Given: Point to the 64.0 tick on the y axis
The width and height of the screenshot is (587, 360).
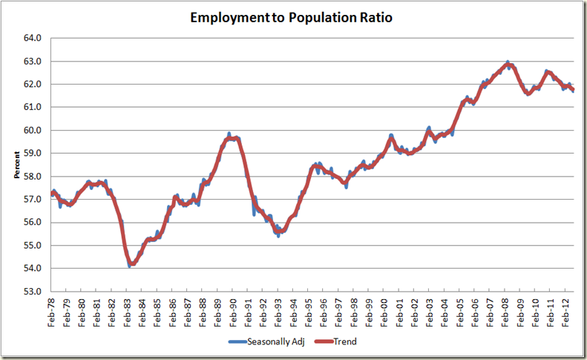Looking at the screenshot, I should point(33,38).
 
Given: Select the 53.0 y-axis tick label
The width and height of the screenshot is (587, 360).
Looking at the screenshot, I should point(33,291).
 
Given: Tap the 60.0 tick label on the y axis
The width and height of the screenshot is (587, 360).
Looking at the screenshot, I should point(33,130).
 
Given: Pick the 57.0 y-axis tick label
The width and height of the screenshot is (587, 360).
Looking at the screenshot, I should point(33,199).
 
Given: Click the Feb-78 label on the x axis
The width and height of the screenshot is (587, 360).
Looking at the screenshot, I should point(51,312).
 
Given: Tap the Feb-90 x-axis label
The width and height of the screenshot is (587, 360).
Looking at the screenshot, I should point(233,312).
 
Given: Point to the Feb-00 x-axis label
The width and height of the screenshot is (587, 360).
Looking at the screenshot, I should point(384,312).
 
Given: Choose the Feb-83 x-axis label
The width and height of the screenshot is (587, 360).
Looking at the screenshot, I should point(127,312).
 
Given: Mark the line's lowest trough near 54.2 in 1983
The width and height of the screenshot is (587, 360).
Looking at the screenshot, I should point(131,264).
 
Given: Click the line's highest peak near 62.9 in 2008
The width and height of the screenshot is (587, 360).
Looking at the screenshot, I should point(508,64).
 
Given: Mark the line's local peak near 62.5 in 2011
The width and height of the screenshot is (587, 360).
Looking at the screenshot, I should point(548,72).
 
